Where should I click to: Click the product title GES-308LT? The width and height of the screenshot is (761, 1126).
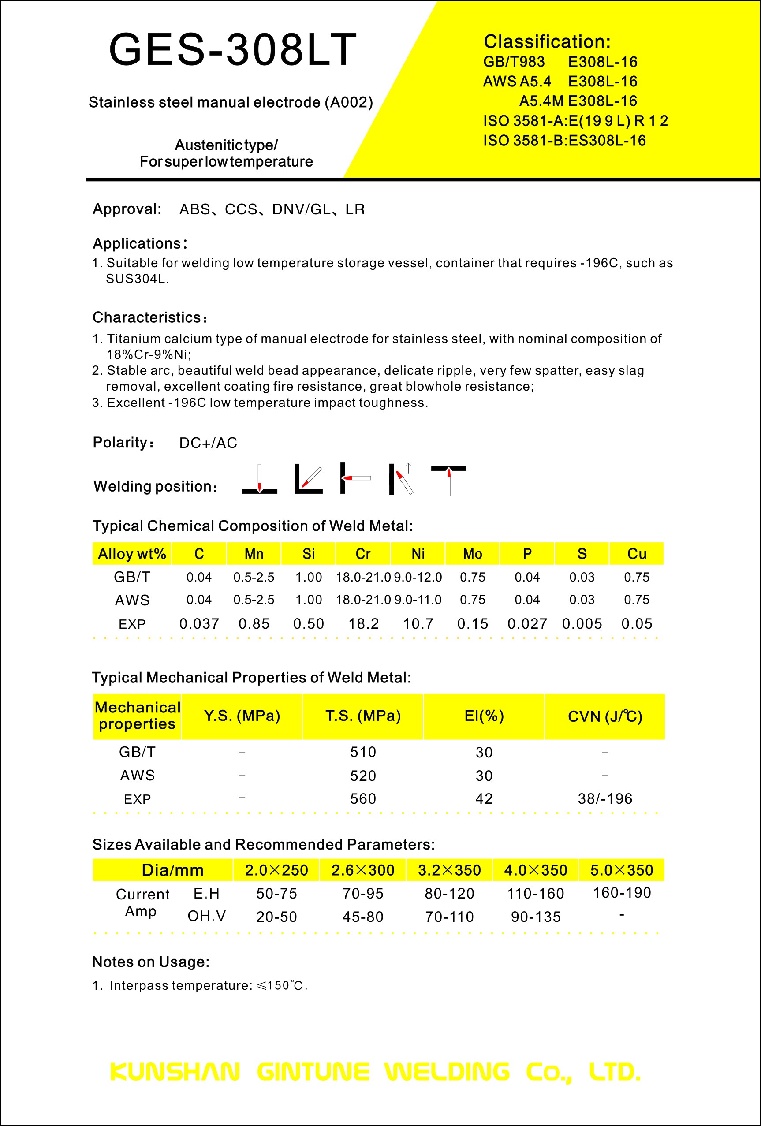click(232, 49)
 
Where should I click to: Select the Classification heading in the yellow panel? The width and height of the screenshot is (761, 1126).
click(547, 42)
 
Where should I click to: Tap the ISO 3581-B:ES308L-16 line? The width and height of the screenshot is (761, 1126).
click(564, 141)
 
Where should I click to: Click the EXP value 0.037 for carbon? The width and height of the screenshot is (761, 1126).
click(199, 623)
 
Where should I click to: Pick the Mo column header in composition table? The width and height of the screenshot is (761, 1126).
click(472, 554)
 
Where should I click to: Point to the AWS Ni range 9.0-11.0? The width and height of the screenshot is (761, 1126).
click(418, 600)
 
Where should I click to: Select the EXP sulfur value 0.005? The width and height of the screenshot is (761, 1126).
click(582, 623)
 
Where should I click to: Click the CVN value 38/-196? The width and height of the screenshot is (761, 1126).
click(605, 798)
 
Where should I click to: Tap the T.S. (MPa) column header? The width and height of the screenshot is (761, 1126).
click(363, 716)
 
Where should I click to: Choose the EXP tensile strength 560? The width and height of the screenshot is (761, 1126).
click(363, 798)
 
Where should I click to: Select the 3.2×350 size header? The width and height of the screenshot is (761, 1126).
click(449, 870)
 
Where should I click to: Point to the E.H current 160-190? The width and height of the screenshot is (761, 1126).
click(622, 892)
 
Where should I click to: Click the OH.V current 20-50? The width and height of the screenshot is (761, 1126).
click(276, 917)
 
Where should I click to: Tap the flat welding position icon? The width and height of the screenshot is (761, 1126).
click(260, 479)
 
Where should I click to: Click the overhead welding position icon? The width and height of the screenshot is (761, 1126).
click(448, 480)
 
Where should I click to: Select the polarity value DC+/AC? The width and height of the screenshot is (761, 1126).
click(208, 443)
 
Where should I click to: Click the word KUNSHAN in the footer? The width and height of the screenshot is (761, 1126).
click(175, 1072)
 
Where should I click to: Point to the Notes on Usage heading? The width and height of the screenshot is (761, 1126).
click(151, 962)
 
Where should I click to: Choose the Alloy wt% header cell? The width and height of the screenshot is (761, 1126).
click(132, 554)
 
